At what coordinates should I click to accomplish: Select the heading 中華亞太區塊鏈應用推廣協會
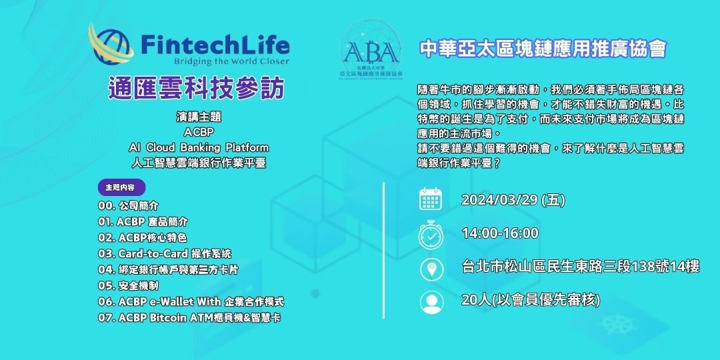click(x=543, y=49)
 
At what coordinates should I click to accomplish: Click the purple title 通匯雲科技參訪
click(x=196, y=89)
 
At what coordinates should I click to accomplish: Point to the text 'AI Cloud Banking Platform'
click(x=199, y=147)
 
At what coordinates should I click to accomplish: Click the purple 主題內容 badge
click(x=121, y=187)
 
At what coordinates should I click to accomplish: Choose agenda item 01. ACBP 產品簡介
click(x=143, y=221)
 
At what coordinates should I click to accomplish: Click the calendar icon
click(x=431, y=199)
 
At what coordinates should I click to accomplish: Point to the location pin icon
click(x=431, y=269)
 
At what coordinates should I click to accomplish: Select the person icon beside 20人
click(x=431, y=301)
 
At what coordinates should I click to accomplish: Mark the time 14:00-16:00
click(x=499, y=233)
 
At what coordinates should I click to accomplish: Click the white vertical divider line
click(x=383, y=253)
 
